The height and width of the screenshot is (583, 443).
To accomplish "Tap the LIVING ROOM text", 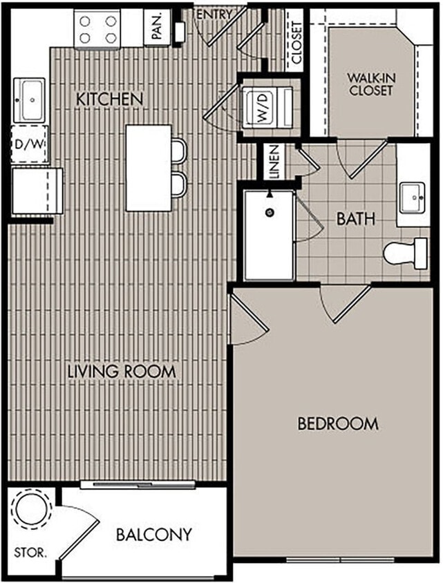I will click(x=122, y=371).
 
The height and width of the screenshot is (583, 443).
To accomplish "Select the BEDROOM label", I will click(x=337, y=423).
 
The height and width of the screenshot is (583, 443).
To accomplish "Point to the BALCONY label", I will click(x=153, y=534).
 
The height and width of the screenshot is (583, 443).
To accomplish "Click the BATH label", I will click(x=356, y=220).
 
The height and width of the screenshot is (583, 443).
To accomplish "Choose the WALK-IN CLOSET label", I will click(x=370, y=85).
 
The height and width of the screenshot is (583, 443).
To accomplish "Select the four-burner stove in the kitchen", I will click(x=97, y=29).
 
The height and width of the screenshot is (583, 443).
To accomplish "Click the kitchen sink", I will click(x=29, y=99).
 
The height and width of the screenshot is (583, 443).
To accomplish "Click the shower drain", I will click(x=270, y=211).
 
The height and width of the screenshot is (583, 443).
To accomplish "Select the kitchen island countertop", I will click(x=148, y=168).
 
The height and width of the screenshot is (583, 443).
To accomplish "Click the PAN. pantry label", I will click(x=157, y=29).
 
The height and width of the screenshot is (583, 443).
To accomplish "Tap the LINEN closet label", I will click(x=274, y=162).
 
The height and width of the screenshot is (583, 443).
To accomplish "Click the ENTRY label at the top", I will click(x=214, y=14).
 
